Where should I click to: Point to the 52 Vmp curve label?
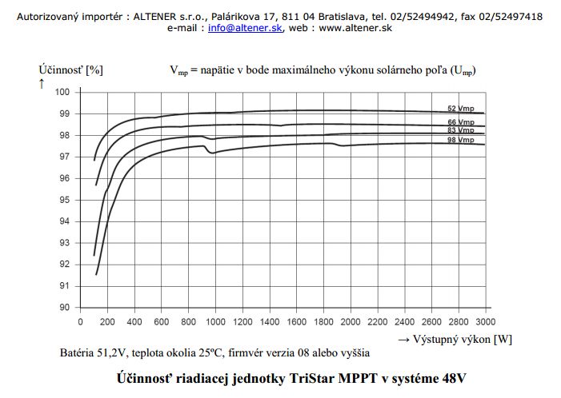(460, 108)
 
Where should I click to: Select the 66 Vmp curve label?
(461, 121)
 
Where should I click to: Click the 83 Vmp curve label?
(461, 129)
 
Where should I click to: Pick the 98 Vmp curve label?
(461, 140)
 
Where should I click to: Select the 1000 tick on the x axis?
(214, 321)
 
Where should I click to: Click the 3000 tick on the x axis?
(485, 321)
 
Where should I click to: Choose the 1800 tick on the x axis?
(323, 321)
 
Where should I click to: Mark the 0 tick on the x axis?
(80, 321)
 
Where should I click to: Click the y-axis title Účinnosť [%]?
(70, 70)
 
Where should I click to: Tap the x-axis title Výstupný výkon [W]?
(462, 339)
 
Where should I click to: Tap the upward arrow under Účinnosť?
(42, 82)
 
